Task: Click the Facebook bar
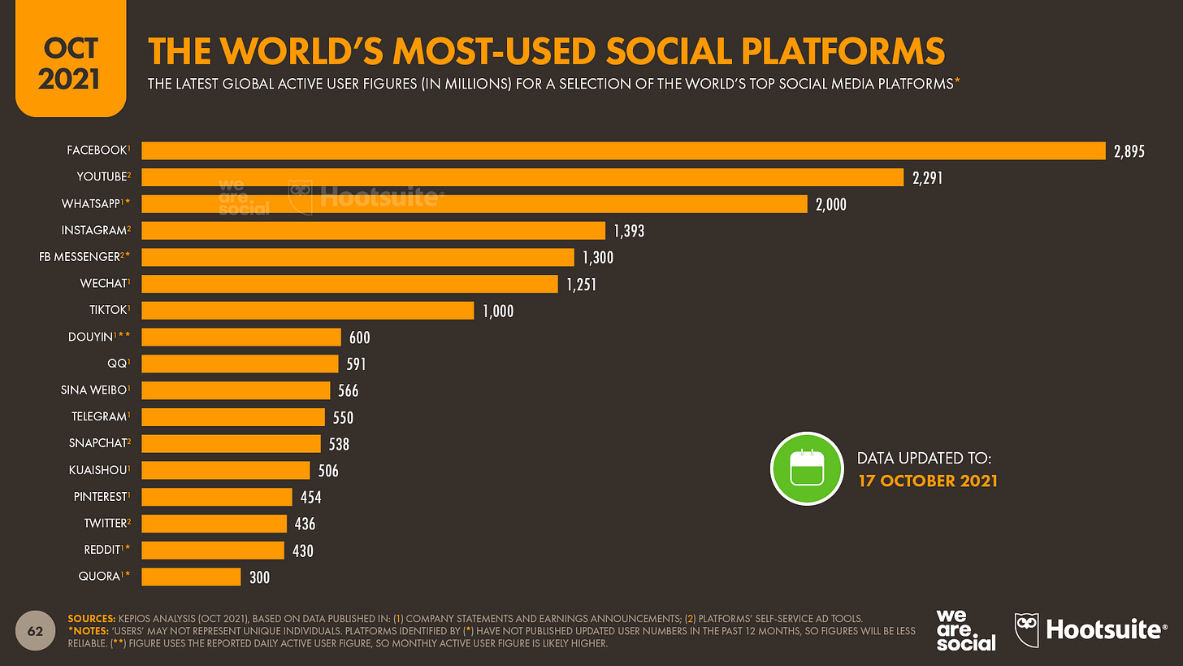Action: point(623,150)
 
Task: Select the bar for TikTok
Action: point(308,311)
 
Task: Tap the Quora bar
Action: point(192,577)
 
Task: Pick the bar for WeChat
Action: point(350,284)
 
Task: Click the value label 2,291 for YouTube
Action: point(927,178)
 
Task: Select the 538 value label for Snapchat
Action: point(339,444)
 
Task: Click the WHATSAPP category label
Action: point(92,204)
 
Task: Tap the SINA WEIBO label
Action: point(93,390)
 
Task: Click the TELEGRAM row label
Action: point(97,417)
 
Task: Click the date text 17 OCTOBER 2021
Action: point(928,481)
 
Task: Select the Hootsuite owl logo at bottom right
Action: point(1027,630)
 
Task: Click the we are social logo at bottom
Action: point(964,630)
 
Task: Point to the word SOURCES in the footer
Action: point(92,619)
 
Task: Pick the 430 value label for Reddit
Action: point(302,551)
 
